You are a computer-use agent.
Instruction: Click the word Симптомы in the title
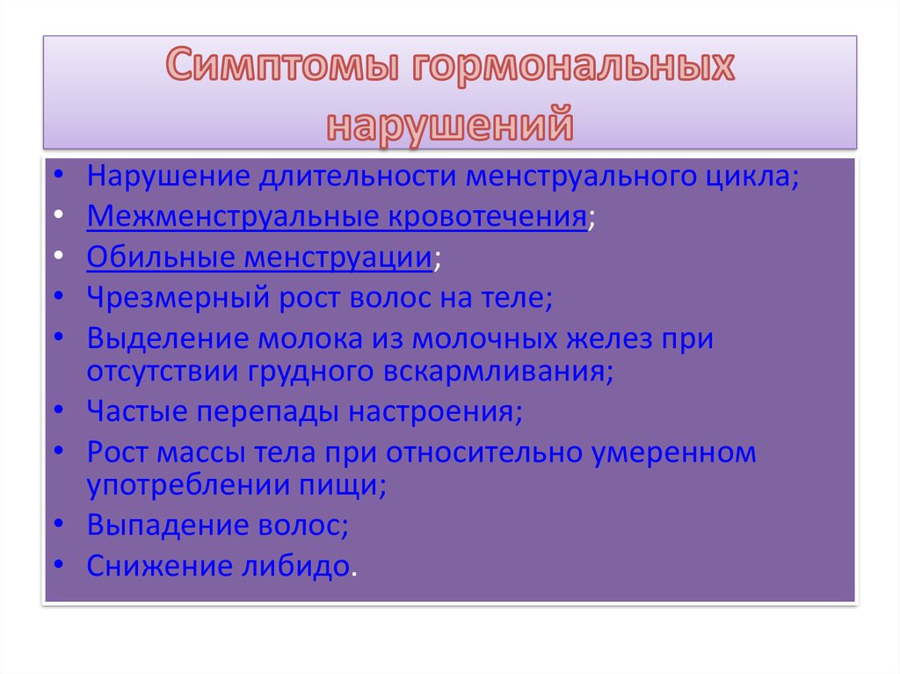(282, 64)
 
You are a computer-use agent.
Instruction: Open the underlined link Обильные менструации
(259, 257)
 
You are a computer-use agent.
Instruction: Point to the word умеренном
(674, 453)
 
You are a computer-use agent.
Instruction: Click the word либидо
(295, 566)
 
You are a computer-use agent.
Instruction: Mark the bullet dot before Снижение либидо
(59, 565)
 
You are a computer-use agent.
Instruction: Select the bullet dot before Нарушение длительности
(59, 175)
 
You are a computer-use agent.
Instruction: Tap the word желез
(610, 338)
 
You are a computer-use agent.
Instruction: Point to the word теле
(512, 298)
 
